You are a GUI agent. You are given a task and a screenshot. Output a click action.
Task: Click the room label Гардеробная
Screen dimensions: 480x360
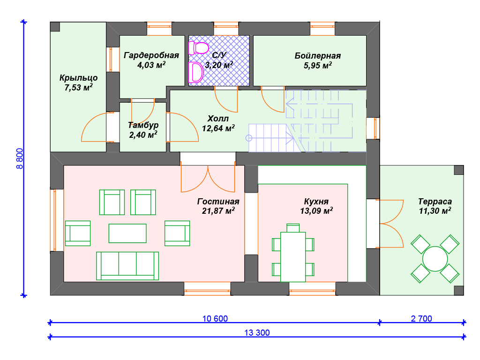pyautogui.click(x=151, y=55)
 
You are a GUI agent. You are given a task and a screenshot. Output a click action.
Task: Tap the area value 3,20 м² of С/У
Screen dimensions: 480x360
pyautogui.click(x=219, y=65)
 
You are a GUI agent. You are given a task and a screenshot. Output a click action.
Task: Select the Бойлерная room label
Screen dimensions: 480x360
pyautogui.click(x=318, y=56)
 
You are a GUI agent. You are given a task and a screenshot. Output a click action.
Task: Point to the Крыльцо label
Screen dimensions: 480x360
pyautogui.click(x=78, y=78)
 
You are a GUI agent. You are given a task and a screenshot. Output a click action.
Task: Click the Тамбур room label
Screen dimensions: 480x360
pyautogui.click(x=143, y=125)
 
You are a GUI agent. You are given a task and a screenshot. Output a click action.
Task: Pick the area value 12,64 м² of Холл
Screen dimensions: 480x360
pyautogui.click(x=218, y=128)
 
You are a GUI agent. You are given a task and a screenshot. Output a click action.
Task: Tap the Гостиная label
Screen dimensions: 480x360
pyautogui.click(x=218, y=202)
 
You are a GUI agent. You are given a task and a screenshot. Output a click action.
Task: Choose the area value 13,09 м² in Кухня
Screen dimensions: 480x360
pyautogui.click(x=316, y=210)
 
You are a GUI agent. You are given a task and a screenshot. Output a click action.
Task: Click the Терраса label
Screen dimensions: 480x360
pyautogui.click(x=435, y=202)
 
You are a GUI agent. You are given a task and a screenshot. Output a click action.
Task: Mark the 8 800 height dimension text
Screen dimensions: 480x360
pyautogui.click(x=20, y=158)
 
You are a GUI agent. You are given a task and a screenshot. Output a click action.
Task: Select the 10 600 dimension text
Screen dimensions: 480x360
pyautogui.click(x=215, y=318)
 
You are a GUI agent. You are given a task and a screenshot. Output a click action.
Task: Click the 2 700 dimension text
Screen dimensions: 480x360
pyautogui.click(x=421, y=318)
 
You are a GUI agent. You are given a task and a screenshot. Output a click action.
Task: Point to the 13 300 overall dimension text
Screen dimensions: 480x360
pyautogui.click(x=257, y=332)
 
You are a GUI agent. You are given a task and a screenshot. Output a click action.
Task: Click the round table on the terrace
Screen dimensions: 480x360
pyautogui.click(x=435, y=259)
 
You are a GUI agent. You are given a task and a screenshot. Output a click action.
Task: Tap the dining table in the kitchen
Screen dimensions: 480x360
pyautogui.click(x=293, y=257)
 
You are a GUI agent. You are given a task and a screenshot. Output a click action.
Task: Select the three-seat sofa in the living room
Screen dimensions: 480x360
pyautogui.click(x=127, y=266)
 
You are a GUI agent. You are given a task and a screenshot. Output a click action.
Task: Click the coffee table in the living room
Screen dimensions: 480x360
pyautogui.click(x=127, y=233)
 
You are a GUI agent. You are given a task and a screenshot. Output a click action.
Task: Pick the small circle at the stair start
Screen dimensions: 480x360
pyautogui.click(x=249, y=138)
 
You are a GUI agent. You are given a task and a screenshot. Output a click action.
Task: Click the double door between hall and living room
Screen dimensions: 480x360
pyautogui.click(x=208, y=179)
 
